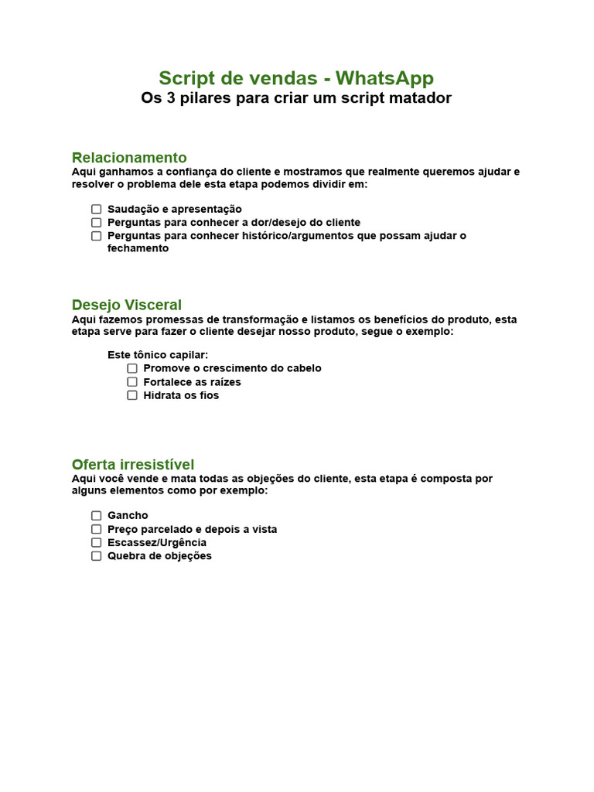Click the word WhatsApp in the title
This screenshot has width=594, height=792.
(384, 78)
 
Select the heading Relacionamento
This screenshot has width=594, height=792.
(129, 158)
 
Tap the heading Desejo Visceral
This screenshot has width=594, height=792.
(127, 305)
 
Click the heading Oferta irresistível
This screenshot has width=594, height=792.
(133, 464)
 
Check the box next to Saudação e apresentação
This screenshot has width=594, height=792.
(97, 209)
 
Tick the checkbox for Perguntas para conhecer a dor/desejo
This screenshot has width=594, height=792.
(97, 223)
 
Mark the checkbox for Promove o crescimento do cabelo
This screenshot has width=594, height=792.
(132, 368)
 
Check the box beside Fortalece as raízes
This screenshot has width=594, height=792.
(132, 382)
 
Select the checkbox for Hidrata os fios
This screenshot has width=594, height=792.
(132, 395)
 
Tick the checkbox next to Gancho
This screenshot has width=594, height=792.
(97, 515)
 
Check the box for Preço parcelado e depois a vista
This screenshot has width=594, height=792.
(97, 529)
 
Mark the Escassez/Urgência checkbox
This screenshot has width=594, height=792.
(97, 542)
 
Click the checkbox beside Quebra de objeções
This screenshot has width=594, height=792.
(97, 555)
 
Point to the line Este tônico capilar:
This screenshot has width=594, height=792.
(158, 355)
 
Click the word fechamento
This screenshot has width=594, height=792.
(138, 249)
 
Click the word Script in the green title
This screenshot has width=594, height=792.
(184, 78)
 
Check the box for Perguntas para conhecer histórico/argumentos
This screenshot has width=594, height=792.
(97, 236)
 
